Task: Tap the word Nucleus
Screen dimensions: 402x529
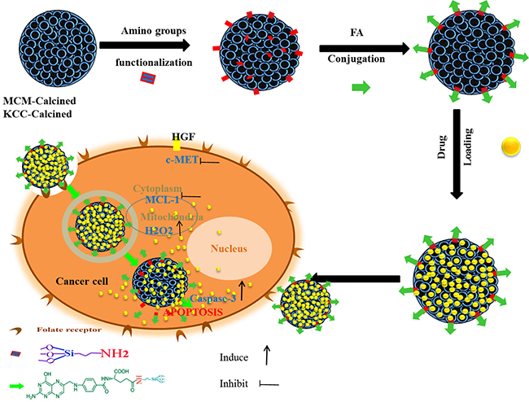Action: pos(249,243)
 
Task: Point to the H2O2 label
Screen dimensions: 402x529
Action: pos(159,230)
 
